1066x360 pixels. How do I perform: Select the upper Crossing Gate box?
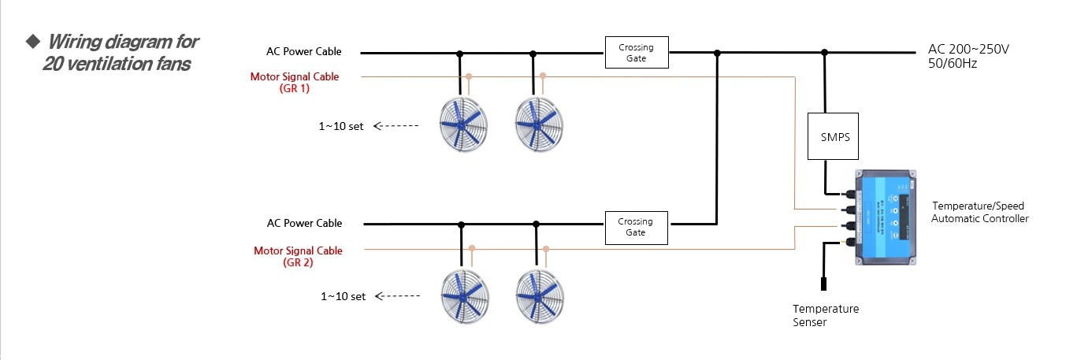click(636, 53)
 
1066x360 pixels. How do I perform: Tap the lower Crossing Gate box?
click(636, 227)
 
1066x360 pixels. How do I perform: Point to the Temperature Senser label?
click(825, 315)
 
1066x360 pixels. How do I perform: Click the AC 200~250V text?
click(968, 50)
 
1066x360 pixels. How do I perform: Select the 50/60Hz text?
click(953, 63)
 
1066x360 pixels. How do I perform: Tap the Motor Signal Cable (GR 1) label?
click(295, 83)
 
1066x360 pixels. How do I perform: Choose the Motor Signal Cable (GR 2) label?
click(298, 257)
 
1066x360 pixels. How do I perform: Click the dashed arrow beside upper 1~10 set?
click(395, 126)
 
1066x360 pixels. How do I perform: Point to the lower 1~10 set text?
click(343, 296)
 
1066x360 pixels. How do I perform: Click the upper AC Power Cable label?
click(304, 52)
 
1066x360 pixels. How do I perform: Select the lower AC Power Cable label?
click(304, 224)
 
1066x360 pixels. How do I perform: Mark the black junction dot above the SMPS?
click(825, 53)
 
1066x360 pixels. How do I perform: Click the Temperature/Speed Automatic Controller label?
click(979, 212)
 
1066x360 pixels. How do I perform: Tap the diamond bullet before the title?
click(32, 40)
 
